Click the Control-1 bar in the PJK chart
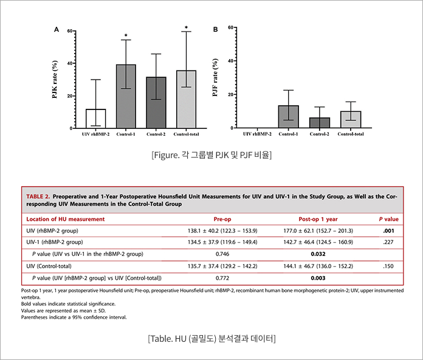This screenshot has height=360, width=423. tap(126, 97)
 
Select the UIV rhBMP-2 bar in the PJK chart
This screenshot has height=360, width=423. tap(95, 119)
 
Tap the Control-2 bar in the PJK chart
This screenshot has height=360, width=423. tap(156, 103)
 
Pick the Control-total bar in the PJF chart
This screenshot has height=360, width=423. tap(350, 120)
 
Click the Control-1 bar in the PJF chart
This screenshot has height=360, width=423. tap(288, 117)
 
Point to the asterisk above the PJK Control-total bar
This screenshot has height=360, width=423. tap(186, 27)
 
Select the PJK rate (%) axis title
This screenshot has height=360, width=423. tap(55, 80)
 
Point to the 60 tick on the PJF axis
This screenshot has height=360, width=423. tap(230, 28)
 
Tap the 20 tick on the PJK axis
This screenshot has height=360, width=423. tap(70, 96)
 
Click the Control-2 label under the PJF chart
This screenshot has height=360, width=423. tap(319, 134)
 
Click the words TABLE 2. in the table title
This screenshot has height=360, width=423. tap(38, 197)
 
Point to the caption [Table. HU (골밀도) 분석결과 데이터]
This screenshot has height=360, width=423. tap(211, 337)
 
